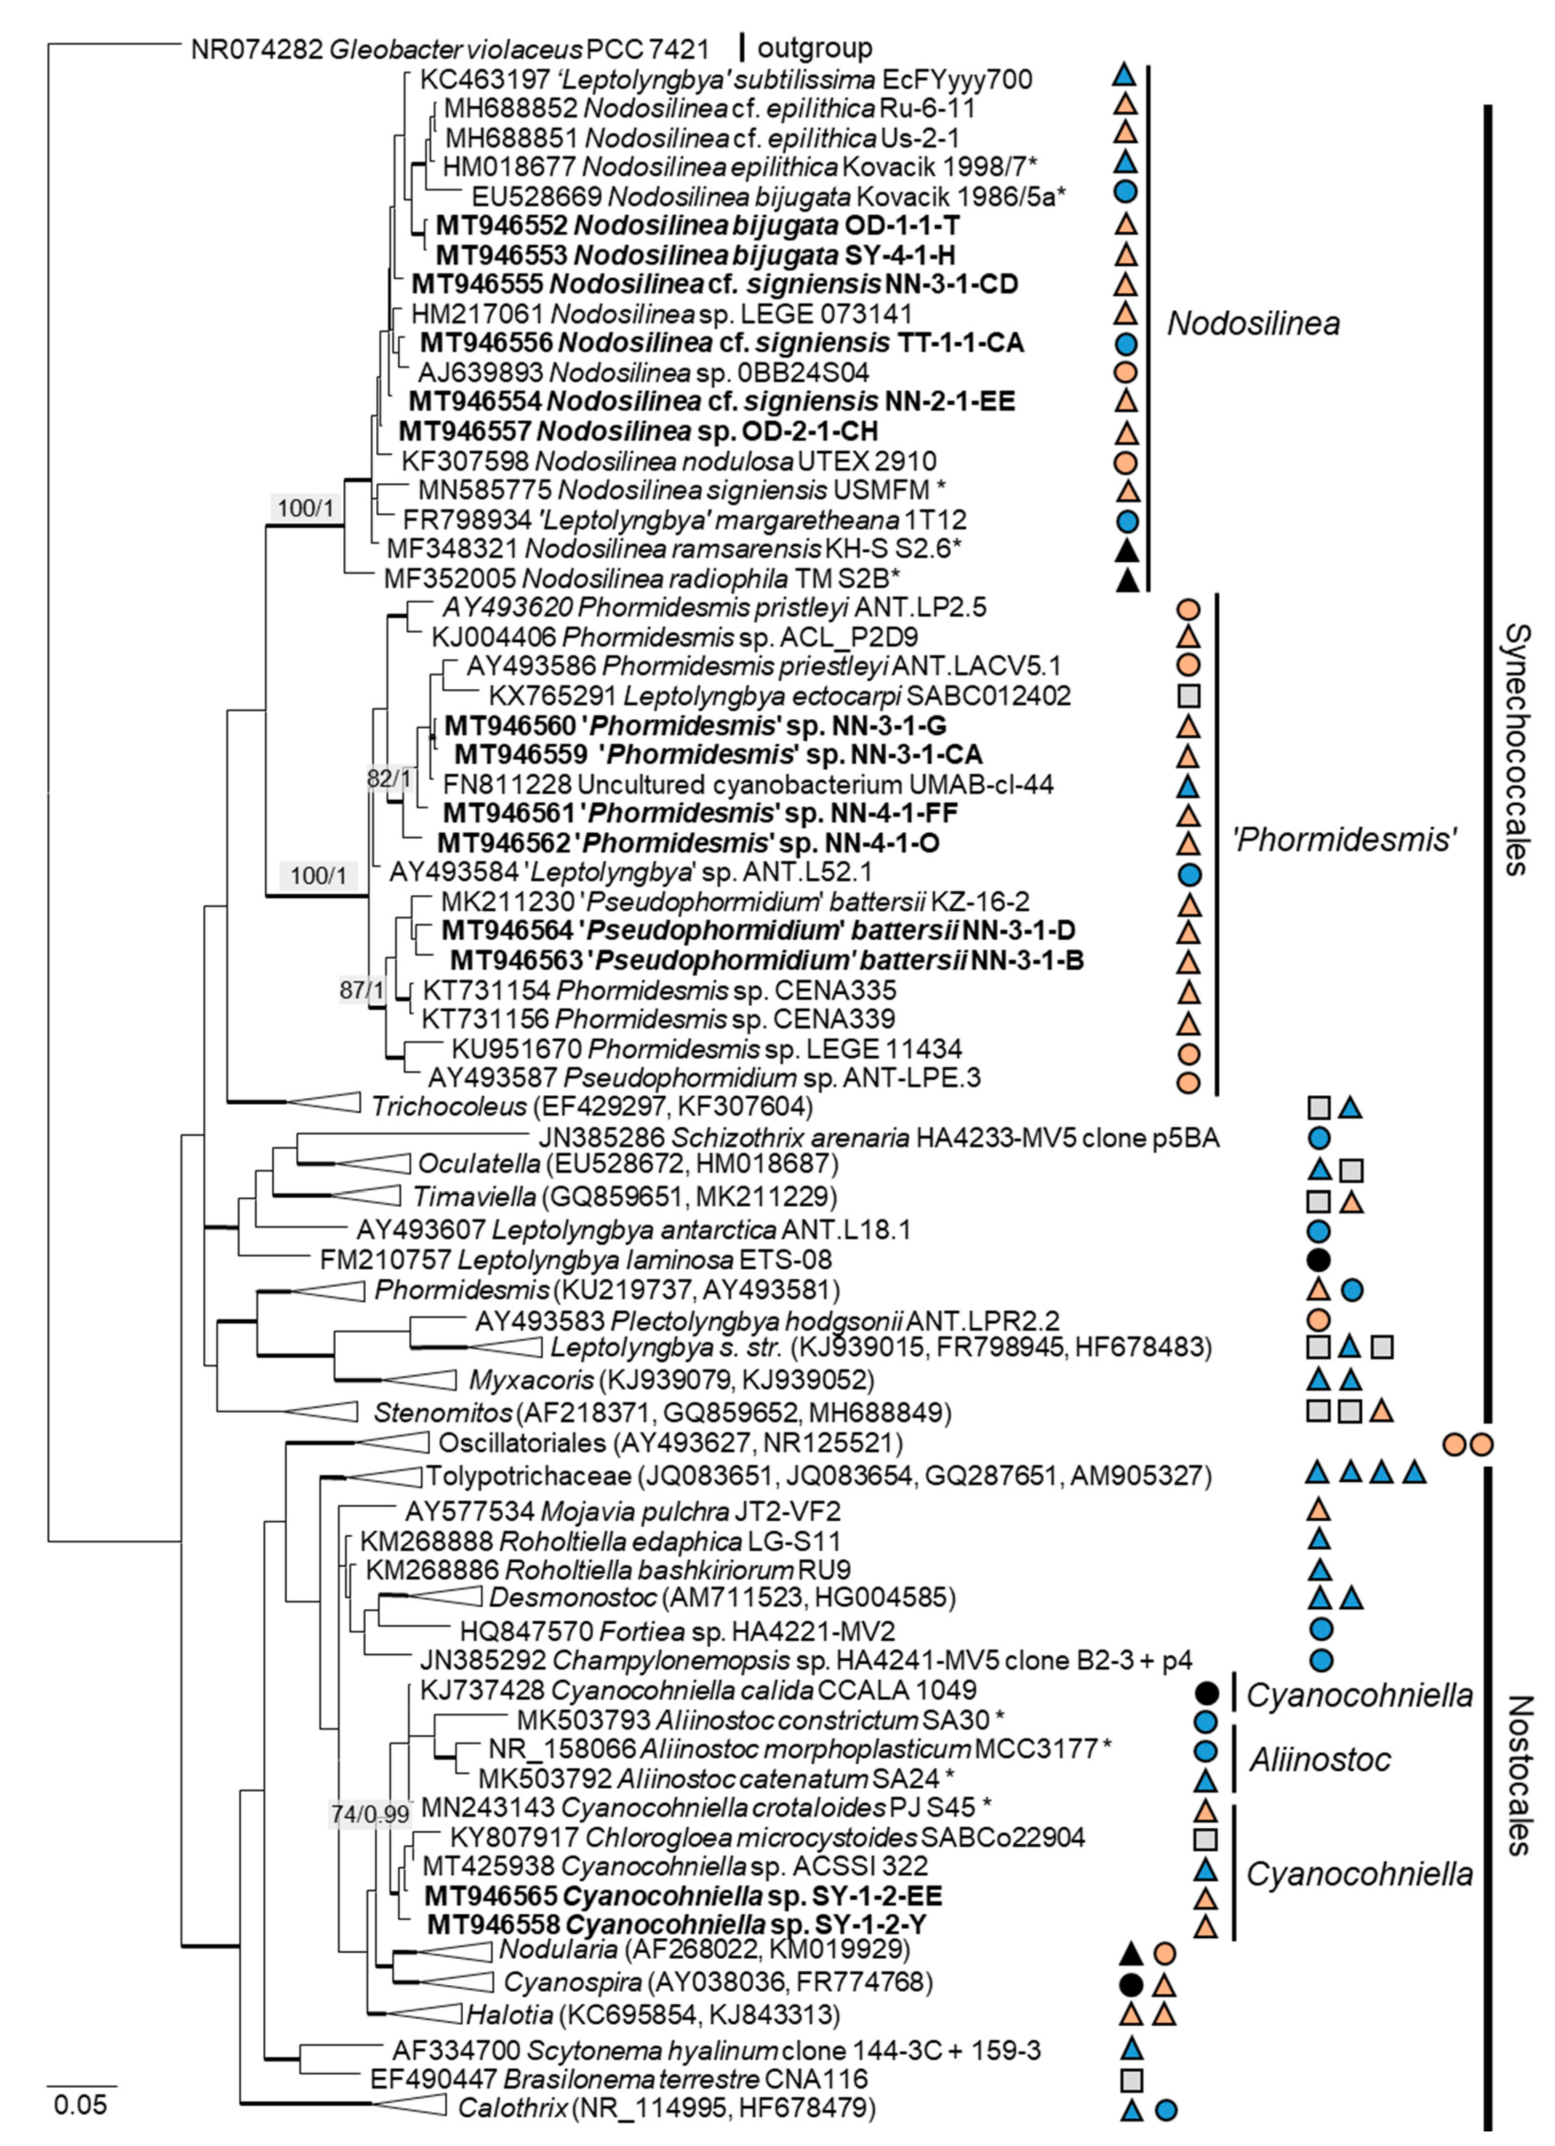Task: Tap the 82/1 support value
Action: pyautogui.click(x=389, y=778)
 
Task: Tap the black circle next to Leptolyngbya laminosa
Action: pyautogui.click(x=1318, y=1259)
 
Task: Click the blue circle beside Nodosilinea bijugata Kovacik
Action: pyautogui.click(x=1125, y=192)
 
